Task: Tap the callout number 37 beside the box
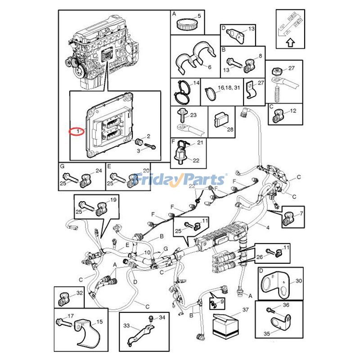coord(245,310)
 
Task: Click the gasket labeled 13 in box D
coord(233,33)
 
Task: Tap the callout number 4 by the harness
coord(268,228)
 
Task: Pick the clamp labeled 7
coord(288,219)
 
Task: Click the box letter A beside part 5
coord(174,14)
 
